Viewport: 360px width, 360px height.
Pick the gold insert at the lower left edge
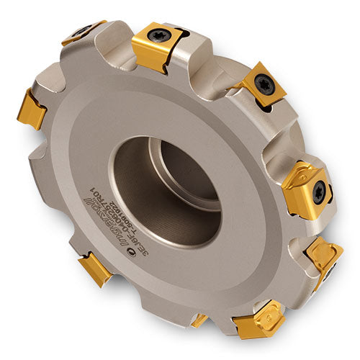tap(95, 268)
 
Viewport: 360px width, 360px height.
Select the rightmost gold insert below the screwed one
tap(324, 256)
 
